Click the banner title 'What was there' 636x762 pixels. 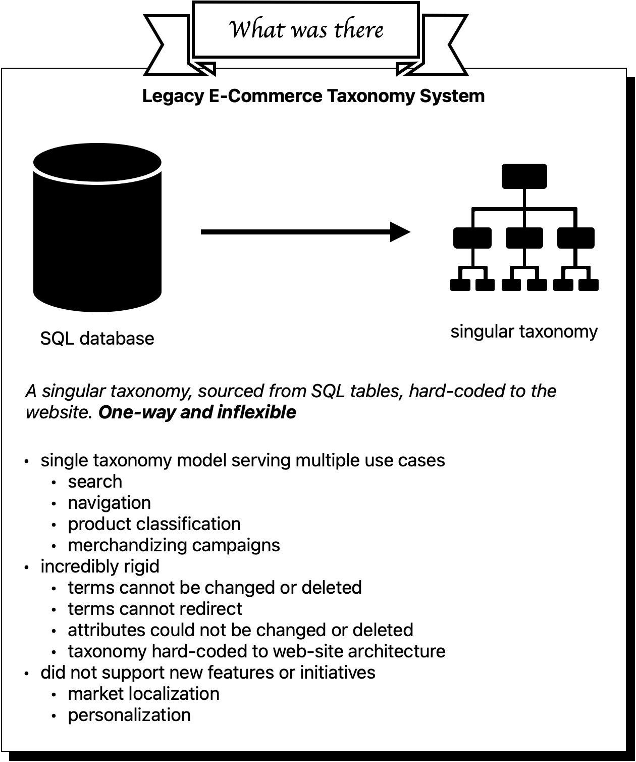[306, 29]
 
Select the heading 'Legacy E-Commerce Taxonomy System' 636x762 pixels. [313, 96]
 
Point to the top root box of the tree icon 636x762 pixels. [524, 176]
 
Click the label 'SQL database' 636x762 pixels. [97, 338]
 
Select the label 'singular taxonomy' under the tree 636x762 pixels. [524, 331]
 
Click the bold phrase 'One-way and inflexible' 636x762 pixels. [197, 412]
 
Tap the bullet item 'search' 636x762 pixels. [95, 482]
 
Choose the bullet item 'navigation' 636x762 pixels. [109, 503]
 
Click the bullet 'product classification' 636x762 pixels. [154, 524]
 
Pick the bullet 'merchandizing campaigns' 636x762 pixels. [174, 545]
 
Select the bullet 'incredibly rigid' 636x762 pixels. [99, 566]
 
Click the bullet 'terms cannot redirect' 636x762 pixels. [155, 609]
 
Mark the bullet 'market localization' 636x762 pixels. [143, 694]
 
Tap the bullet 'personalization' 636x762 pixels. [129, 715]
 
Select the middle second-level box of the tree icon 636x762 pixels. [524, 237]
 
